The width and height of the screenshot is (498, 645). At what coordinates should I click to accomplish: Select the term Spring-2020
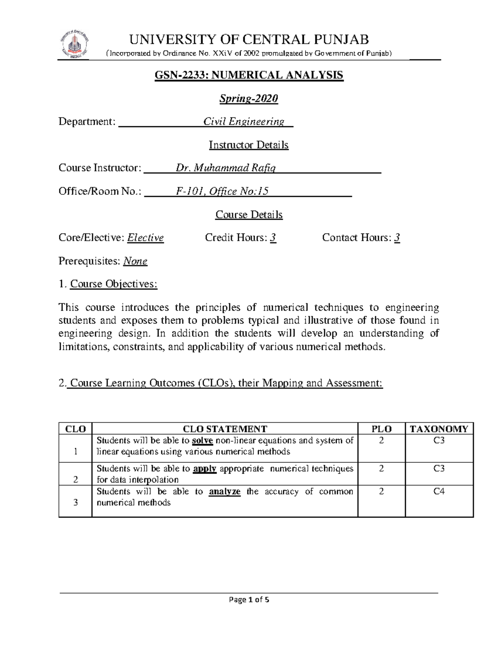249,98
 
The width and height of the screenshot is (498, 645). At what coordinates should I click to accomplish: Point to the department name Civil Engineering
244,122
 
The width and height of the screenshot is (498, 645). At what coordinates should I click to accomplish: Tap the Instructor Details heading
249,145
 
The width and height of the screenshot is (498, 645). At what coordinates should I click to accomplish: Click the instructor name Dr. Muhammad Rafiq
226,168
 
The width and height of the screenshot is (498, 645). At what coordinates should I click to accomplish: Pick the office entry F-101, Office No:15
222,191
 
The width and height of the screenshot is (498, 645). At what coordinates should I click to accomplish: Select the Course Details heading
249,215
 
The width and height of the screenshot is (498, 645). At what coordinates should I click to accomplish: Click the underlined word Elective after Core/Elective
145,238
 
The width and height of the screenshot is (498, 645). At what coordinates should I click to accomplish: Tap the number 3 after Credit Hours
273,238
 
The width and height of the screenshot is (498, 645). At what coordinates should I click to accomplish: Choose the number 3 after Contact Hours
397,238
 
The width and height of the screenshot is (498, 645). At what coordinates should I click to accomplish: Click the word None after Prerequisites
135,261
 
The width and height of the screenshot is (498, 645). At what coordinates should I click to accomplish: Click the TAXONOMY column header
439,429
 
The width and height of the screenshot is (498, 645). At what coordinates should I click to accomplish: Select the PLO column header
381,429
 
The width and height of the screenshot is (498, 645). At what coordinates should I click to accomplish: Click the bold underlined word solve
203,441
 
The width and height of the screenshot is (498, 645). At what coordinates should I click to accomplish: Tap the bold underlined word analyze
225,492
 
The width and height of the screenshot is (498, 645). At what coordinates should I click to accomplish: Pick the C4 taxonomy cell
439,492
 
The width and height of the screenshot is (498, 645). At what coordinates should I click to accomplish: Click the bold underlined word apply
205,469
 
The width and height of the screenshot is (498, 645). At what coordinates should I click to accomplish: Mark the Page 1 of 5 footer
249,600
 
